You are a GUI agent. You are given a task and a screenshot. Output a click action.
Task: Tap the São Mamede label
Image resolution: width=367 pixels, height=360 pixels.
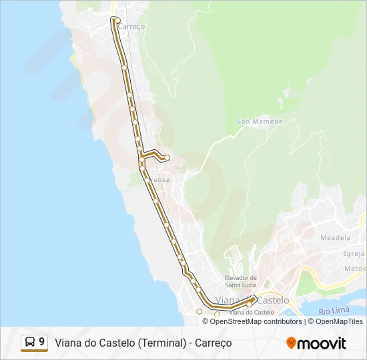coord(260,121)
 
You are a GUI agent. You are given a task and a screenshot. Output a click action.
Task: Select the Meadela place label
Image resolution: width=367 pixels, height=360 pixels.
coord(335,237)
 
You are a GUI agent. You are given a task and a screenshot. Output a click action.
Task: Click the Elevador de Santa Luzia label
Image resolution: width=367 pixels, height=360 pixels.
coord(241,281)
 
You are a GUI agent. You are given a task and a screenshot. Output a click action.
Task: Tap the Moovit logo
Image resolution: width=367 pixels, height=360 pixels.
coord(316,343)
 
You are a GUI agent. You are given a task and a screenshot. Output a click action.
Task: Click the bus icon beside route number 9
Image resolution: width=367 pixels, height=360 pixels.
coord(30,343)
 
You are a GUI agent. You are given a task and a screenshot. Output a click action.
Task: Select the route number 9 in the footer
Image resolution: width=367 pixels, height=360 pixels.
coord(42,343)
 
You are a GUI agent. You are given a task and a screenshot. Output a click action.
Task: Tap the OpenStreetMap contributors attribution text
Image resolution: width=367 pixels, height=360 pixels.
coord(256,321)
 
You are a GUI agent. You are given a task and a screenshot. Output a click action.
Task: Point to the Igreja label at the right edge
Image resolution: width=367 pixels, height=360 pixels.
coord(354,253)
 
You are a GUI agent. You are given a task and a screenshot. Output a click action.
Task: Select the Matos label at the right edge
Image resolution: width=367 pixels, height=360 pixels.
coord(355,269)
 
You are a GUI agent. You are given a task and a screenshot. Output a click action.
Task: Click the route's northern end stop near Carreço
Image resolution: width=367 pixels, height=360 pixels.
coord(117,21)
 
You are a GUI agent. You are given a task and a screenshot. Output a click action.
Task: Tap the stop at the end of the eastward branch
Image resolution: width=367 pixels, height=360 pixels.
coord(167,158)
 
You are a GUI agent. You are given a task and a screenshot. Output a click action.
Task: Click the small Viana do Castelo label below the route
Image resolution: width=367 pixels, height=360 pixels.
coord(252,312)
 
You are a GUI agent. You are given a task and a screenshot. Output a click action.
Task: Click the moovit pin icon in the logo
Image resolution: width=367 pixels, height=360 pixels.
coord(291,343)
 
